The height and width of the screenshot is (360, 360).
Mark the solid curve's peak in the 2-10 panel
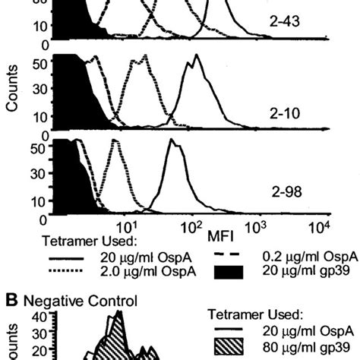196,57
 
